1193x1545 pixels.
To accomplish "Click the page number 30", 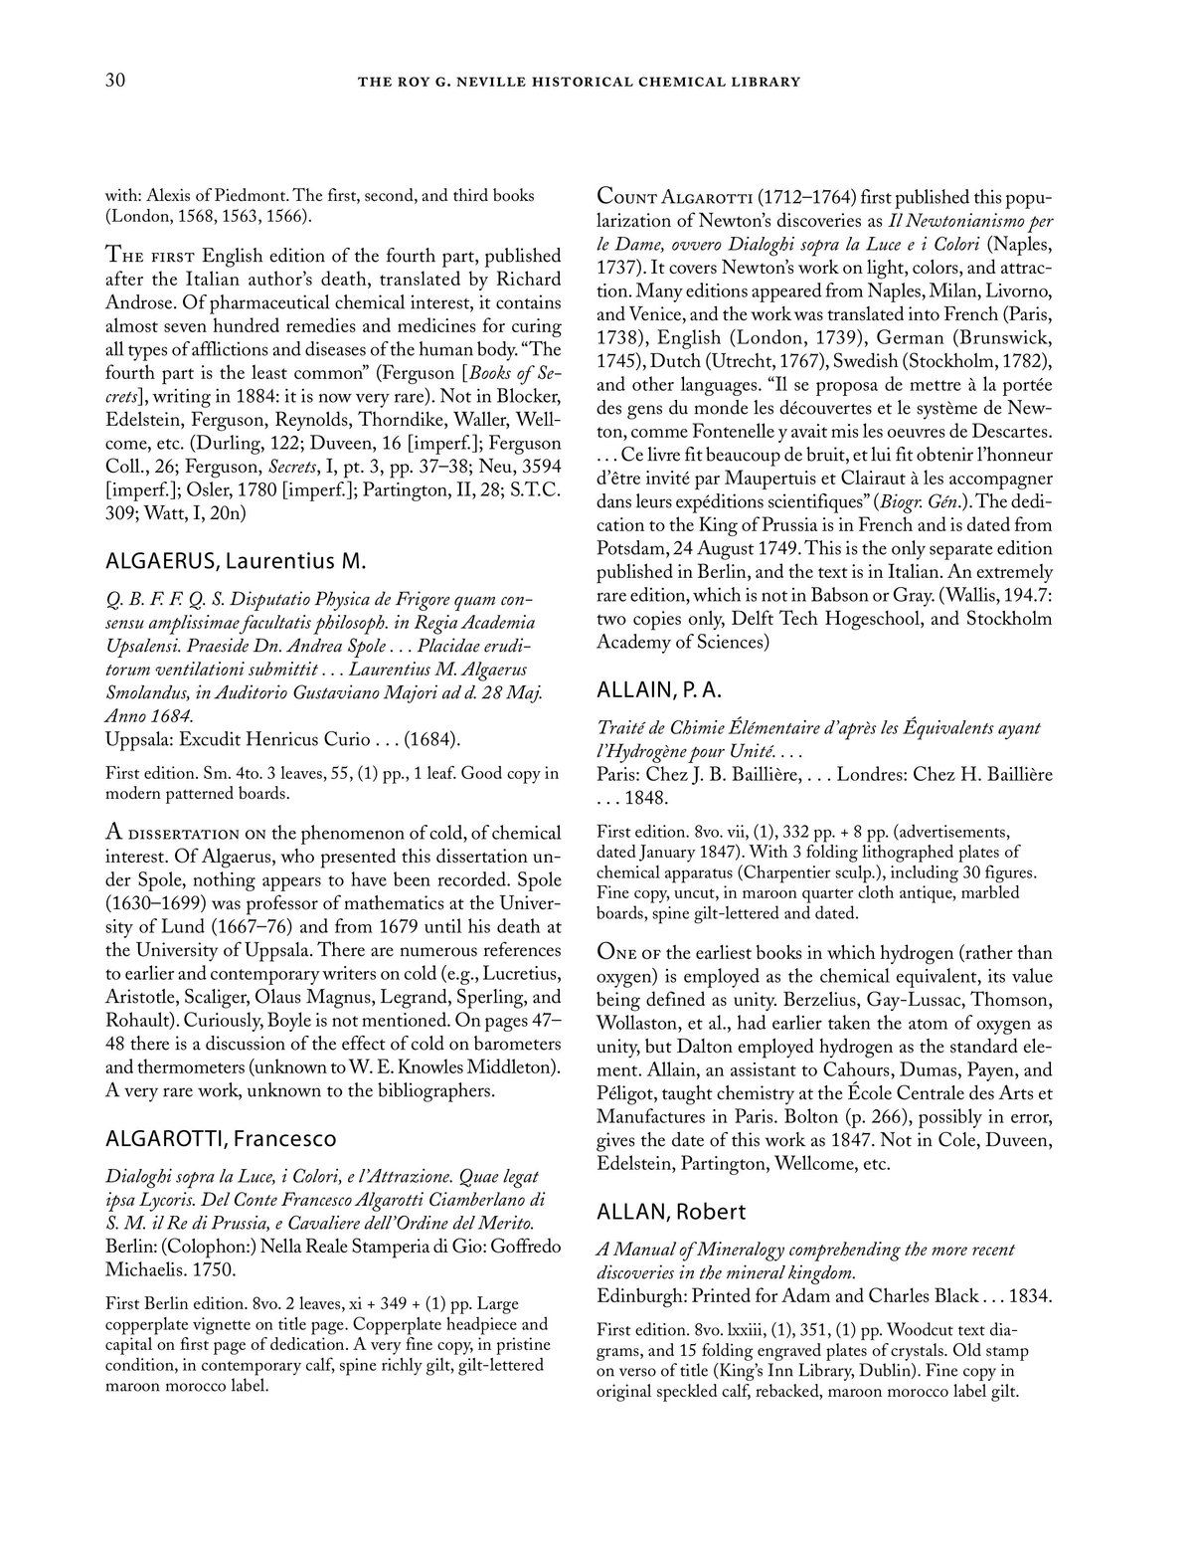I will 114,82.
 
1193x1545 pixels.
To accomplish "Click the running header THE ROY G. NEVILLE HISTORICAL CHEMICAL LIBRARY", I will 579,83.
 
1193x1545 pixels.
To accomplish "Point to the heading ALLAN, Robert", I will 671,1212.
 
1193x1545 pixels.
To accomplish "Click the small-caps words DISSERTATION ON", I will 198,833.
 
